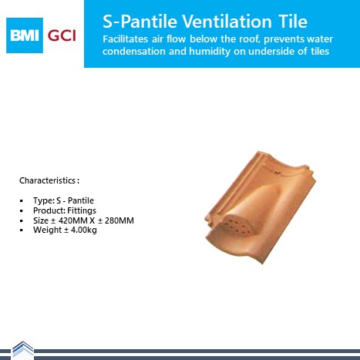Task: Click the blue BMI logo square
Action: coord(25,35)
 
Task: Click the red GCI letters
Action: coord(62,35)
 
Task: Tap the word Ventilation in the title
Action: coord(227,21)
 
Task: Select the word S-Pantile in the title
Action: coord(140,21)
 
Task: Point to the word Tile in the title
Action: coord(292,21)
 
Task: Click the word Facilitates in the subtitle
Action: coord(125,39)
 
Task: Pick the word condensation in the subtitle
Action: coord(134,51)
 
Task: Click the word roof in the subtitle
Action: coord(250,39)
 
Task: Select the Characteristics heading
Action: coord(49,180)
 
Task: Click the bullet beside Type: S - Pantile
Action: coord(22,201)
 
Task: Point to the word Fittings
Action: coord(82,210)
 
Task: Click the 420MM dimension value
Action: coord(73,220)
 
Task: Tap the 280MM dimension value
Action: coord(119,220)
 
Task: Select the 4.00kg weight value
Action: coord(84,230)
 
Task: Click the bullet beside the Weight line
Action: coord(22,230)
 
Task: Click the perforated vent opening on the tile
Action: coord(237,227)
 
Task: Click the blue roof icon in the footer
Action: coord(23,349)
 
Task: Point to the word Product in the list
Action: coord(49,210)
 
